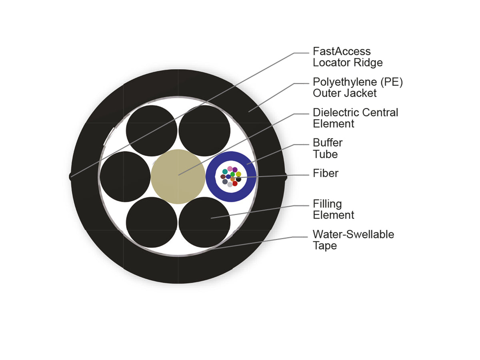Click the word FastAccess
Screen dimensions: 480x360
point(341,52)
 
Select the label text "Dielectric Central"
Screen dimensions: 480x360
point(355,112)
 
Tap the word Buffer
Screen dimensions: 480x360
point(327,143)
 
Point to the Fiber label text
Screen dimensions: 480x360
point(325,173)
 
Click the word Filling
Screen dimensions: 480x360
point(327,204)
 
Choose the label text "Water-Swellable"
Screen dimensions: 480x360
point(353,234)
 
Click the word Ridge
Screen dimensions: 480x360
point(368,63)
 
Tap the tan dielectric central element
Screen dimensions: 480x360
point(178,177)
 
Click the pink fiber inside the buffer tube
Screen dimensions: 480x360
point(230,168)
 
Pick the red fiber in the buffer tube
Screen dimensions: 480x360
point(235,183)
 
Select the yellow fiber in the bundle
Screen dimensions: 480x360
point(238,174)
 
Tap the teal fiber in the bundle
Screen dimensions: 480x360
point(225,172)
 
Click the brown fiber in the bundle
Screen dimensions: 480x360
point(223,177)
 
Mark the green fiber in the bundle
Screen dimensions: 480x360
point(232,174)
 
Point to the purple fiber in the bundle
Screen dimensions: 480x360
point(235,170)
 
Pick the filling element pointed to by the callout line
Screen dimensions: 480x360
point(204,222)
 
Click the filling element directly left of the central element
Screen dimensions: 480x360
point(125,177)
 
